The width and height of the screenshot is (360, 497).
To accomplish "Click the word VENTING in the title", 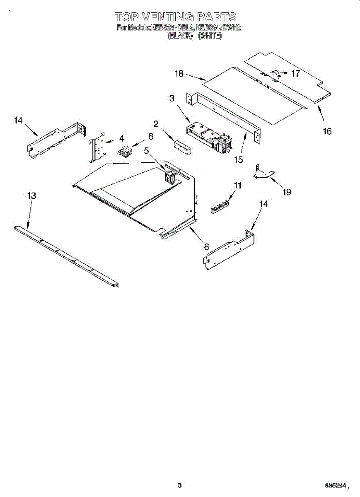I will [168, 17].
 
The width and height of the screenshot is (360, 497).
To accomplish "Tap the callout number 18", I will [179, 74].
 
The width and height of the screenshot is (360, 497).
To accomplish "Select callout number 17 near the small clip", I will [295, 74].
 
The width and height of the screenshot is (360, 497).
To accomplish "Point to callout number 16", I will [327, 131].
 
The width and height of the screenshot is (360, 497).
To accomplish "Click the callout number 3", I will [172, 98].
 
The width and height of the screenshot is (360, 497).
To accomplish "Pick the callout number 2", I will [156, 123].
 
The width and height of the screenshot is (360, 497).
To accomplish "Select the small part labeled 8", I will [125, 152].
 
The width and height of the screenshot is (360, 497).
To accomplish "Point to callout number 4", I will [122, 138].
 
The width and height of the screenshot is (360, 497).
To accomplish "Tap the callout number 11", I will [237, 186].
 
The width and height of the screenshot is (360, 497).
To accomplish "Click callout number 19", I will [287, 192].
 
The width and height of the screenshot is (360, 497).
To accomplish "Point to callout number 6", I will [206, 247].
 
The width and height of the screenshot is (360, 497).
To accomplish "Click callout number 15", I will [238, 159].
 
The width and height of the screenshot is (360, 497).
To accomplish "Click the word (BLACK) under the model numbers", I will [180, 36].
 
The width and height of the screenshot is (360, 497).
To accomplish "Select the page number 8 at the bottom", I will [179, 485].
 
